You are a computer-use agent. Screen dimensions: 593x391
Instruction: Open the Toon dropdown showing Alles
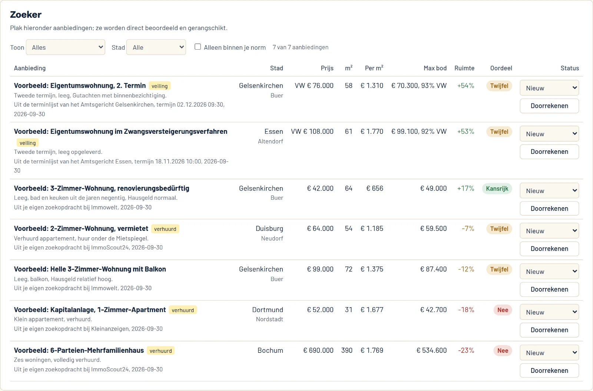tap(65, 47)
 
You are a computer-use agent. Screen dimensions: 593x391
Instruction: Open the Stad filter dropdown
tap(156, 47)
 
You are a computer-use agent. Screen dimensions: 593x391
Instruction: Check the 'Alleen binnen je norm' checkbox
tap(198, 47)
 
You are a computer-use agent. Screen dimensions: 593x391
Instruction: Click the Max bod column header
tap(435, 68)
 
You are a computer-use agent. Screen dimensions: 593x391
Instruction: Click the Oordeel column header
tap(501, 68)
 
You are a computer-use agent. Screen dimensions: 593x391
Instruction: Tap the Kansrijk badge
tap(497, 189)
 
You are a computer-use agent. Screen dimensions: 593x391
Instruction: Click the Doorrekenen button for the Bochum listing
tap(549, 370)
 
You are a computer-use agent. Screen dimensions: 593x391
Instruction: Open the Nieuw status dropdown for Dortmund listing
tap(549, 312)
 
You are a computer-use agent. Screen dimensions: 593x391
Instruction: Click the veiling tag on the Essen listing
tap(27, 143)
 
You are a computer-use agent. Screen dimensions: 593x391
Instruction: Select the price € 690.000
tap(318, 350)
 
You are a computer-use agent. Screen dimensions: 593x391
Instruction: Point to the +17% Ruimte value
tap(466, 188)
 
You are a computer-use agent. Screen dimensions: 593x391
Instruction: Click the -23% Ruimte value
tap(466, 350)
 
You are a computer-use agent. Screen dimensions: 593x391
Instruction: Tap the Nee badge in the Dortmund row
tap(503, 310)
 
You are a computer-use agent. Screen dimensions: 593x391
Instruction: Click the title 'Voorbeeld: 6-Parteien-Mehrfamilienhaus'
tap(79, 350)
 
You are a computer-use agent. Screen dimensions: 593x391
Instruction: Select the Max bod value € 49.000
tap(433, 188)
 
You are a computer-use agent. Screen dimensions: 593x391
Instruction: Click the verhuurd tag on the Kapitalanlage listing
tap(183, 310)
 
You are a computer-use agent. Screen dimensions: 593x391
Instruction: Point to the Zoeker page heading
tap(26, 14)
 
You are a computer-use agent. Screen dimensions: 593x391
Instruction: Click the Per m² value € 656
tap(375, 188)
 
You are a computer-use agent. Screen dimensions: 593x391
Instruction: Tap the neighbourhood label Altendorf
tap(270, 141)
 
